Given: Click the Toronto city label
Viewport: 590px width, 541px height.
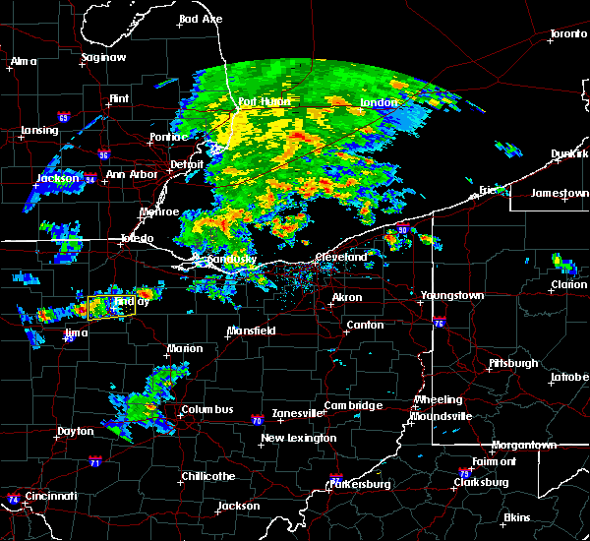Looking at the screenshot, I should (567, 34).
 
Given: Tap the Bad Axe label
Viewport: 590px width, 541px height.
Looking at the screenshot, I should (201, 19).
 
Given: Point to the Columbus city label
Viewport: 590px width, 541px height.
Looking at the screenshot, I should (206, 409).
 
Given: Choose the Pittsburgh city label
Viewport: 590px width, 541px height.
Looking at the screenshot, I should (513, 363).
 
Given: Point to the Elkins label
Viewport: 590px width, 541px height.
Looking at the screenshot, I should (516, 517).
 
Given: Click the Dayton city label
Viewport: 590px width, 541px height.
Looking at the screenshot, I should (76, 432).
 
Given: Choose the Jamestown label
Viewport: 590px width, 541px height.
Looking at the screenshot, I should (560, 194).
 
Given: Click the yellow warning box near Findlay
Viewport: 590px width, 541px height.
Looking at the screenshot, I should (110, 307).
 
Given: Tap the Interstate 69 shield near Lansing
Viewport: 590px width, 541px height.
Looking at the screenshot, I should (63, 118).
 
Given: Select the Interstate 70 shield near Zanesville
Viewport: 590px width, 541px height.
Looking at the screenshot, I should (257, 419).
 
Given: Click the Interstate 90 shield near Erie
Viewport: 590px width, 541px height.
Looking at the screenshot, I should (402, 231).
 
